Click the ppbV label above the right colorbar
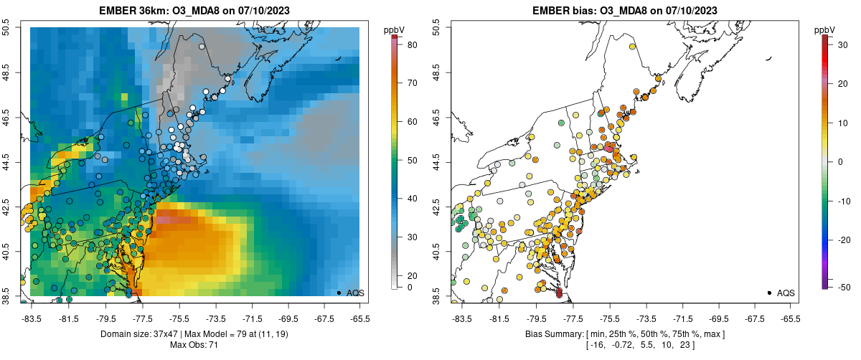(825, 29)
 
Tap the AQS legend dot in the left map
(339, 293)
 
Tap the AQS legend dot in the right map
(769, 293)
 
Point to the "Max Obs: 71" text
(194, 345)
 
